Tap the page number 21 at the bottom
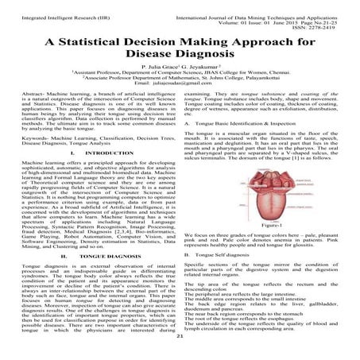[x=180, y=337]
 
